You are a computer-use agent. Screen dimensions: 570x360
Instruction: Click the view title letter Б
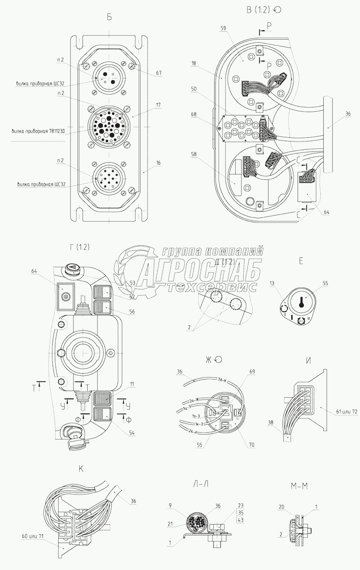[x=109, y=17]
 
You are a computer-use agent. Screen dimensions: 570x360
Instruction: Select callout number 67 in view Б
[x=158, y=73]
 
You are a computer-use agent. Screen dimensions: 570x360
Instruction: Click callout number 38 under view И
[x=271, y=423]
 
